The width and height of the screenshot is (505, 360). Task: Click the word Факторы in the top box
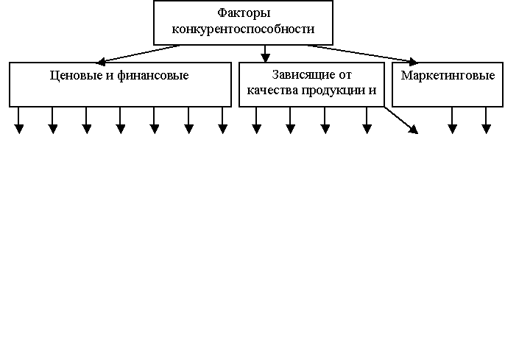coord(244,13)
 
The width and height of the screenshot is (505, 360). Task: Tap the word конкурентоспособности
coord(243,29)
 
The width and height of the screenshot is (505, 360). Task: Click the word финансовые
coord(152,76)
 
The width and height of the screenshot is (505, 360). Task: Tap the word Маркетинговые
coord(448,76)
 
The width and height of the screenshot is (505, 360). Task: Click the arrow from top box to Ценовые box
coord(138,53)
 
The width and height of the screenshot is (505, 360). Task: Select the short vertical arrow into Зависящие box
coord(265,54)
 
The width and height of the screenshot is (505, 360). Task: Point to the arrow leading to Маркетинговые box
coord(362,53)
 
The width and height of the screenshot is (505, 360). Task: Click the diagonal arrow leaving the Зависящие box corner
coord(400,119)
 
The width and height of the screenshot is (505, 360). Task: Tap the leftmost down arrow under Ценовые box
coord(19,120)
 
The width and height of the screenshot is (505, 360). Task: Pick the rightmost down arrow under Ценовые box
coord(222,120)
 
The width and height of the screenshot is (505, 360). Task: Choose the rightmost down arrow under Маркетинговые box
coord(486,120)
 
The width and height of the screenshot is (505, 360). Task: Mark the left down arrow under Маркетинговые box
coord(452,120)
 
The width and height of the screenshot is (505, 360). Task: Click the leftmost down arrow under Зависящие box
coord(256,120)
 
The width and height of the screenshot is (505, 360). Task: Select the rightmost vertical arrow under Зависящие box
coord(367,120)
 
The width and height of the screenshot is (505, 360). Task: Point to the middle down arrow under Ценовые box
coord(121,120)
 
